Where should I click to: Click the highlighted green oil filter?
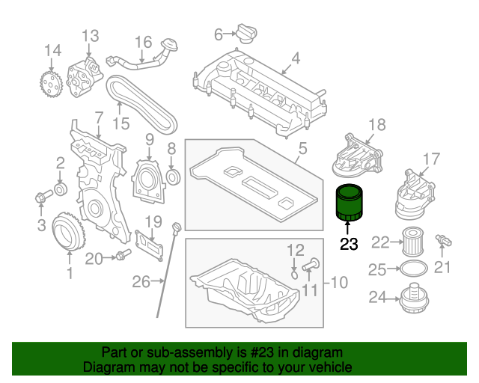click(x=347, y=203)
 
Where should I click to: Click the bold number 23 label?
click(x=349, y=243)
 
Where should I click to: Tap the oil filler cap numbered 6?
click(x=244, y=34)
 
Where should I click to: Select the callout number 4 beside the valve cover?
click(x=296, y=58)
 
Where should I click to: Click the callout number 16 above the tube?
click(x=143, y=42)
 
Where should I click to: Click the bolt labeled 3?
click(x=41, y=197)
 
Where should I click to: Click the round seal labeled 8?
click(x=173, y=177)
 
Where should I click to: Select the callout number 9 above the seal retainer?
click(x=149, y=139)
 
